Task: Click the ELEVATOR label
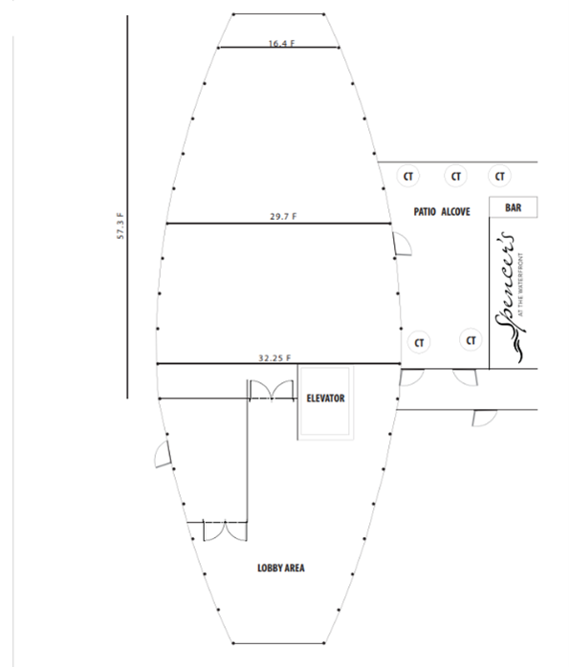pos(325,398)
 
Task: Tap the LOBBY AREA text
pos(281,568)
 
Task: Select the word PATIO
pos(425,211)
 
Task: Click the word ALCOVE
pos(456,211)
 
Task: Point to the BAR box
pos(514,207)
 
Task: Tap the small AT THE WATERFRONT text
pos(521,285)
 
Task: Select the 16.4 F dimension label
pos(282,43)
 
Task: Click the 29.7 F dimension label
pos(283,217)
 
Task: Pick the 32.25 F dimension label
pos(274,358)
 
